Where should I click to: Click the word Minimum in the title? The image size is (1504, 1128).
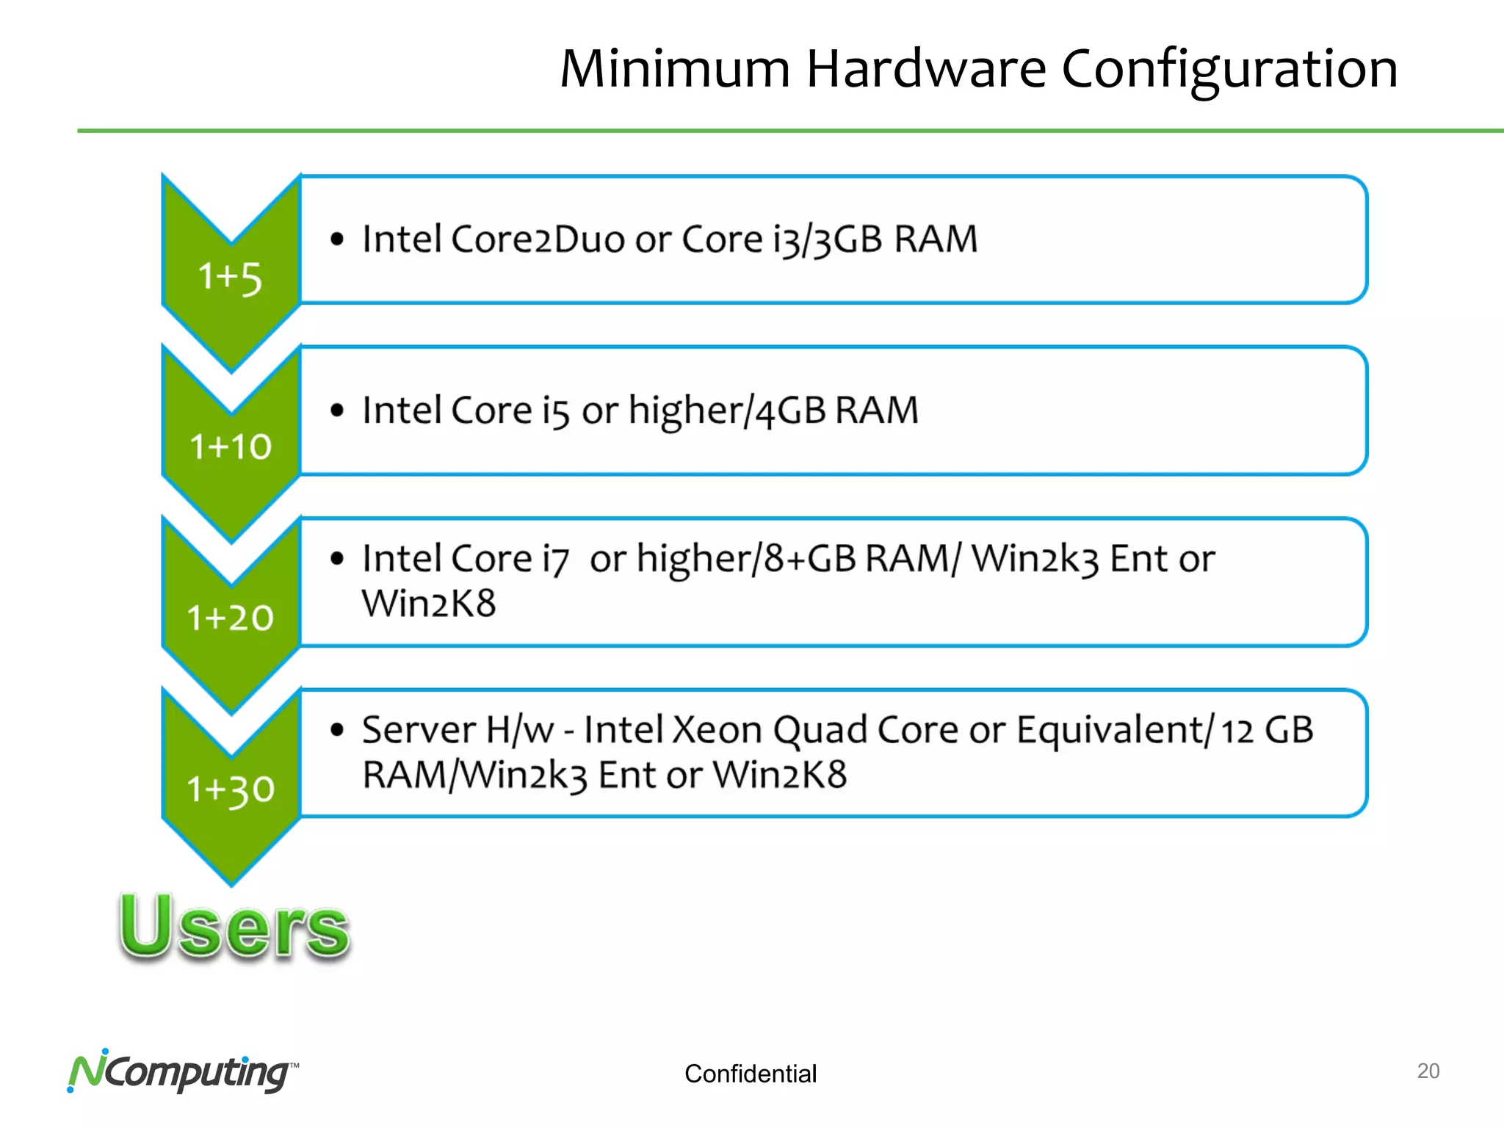pyautogui.click(x=674, y=69)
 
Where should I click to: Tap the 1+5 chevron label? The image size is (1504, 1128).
pyautogui.click(x=230, y=278)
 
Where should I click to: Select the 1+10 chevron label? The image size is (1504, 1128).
pyautogui.click(x=231, y=446)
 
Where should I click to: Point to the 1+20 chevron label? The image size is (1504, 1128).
pyautogui.click(x=230, y=618)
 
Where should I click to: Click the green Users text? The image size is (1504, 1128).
pyautogui.click(x=234, y=927)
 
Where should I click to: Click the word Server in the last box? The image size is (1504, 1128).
pyautogui.click(x=419, y=730)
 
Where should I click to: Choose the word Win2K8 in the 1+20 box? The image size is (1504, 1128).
pyautogui.click(x=429, y=604)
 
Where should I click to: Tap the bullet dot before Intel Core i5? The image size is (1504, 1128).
pyautogui.click(x=337, y=411)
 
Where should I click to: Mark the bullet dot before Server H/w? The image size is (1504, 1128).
pyautogui.click(x=337, y=730)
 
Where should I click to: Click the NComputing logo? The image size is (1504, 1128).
pyautogui.click(x=181, y=1072)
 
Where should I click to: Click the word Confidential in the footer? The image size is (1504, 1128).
pyautogui.click(x=750, y=1074)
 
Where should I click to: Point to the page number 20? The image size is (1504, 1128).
pyautogui.click(x=1428, y=1071)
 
